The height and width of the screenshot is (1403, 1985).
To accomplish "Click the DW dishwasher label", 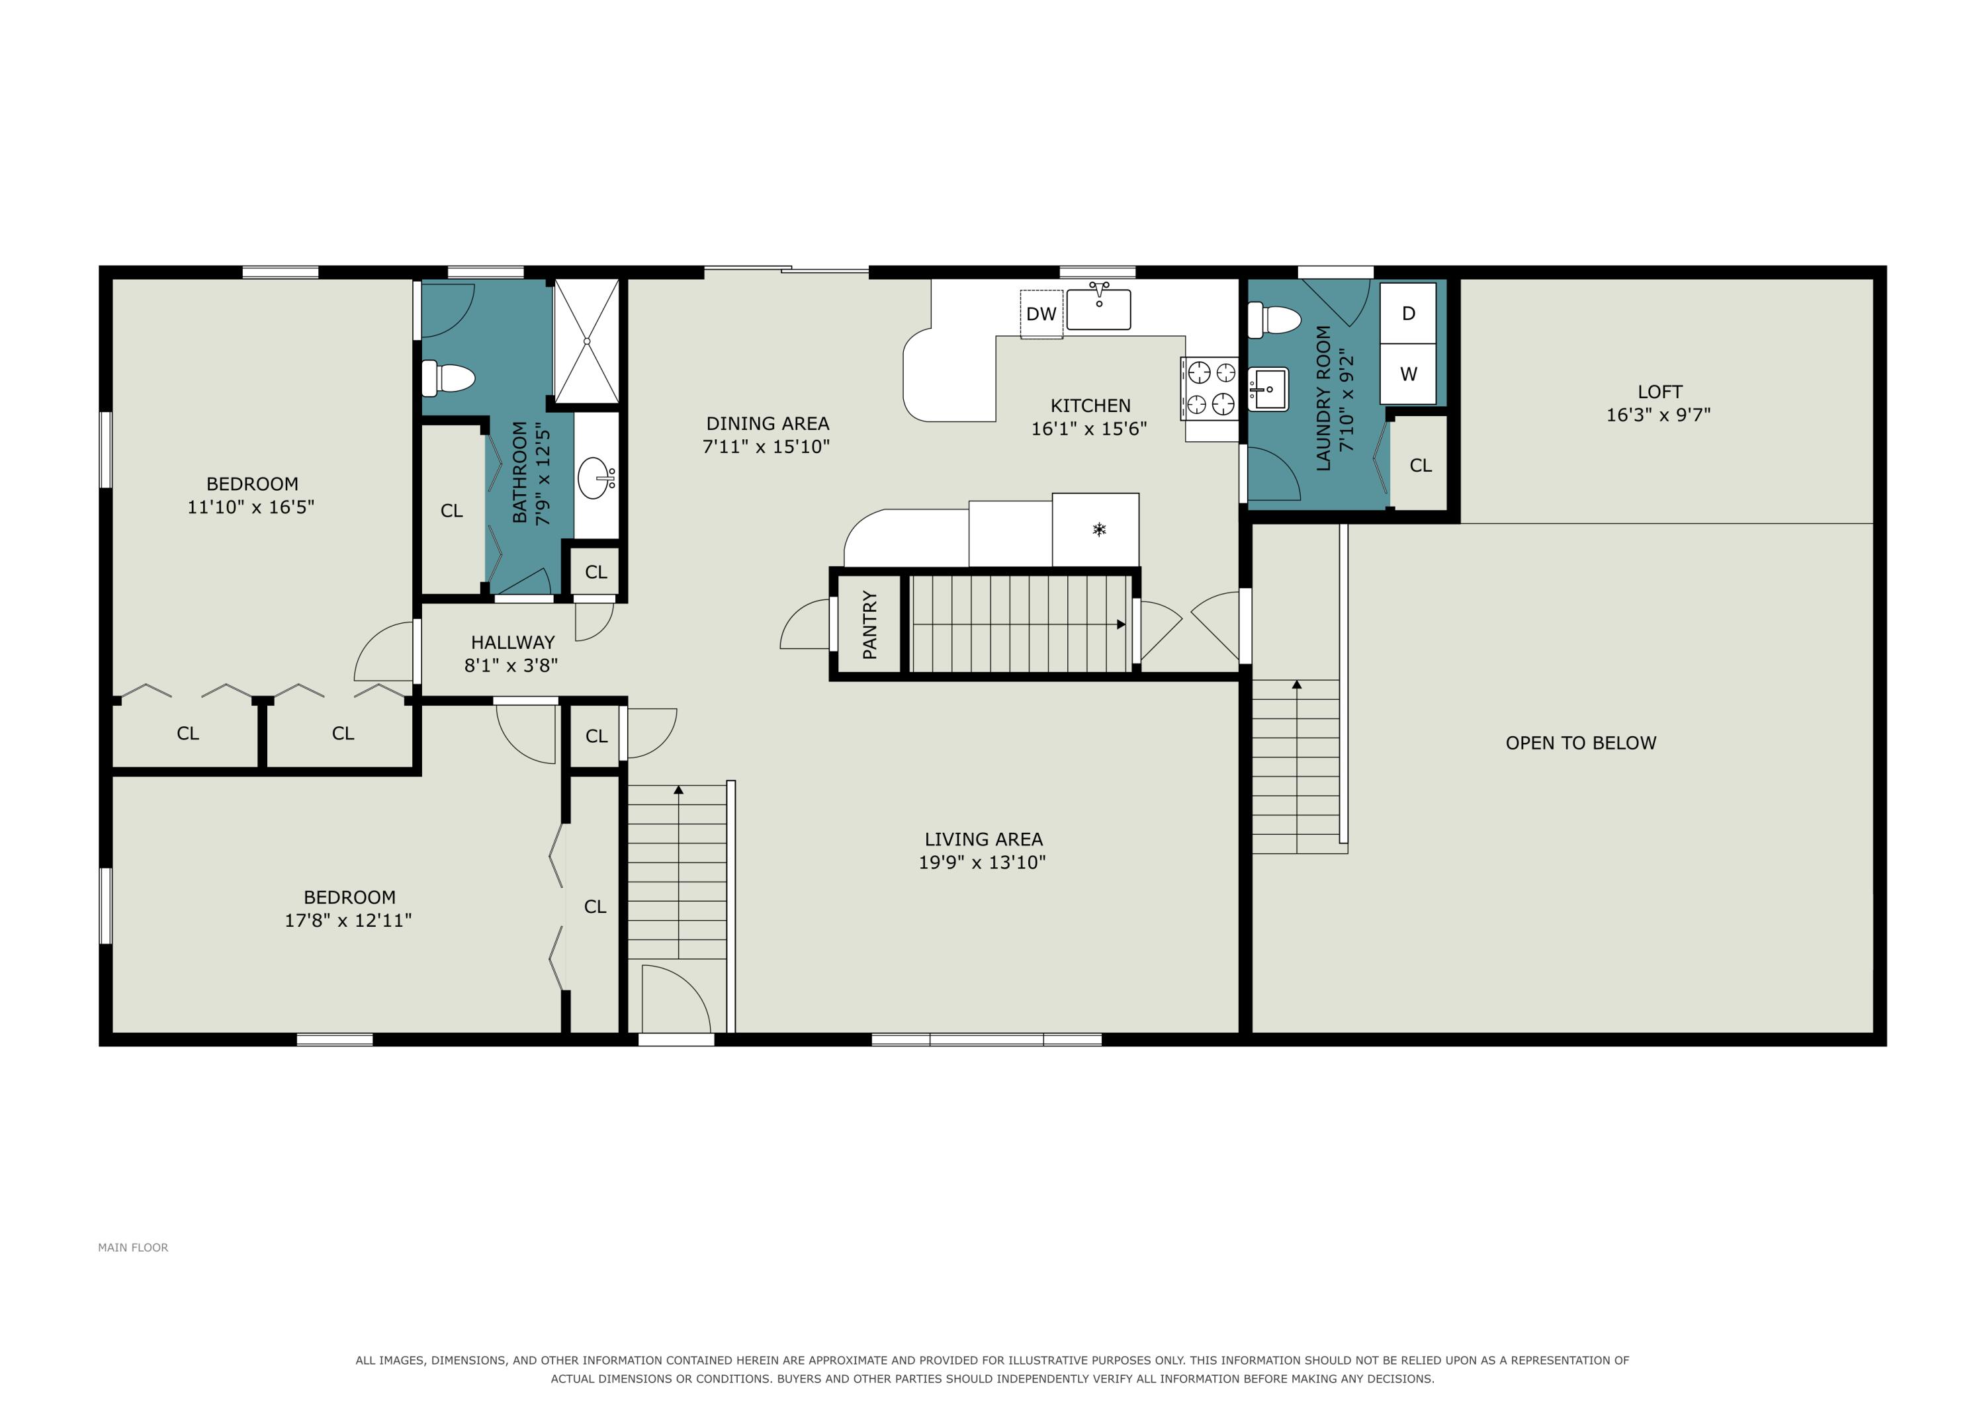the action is (x=1041, y=314).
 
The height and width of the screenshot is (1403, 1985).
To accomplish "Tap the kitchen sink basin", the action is (x=1098, y=310).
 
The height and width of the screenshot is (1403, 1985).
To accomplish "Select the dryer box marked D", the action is (x=1408, y=313).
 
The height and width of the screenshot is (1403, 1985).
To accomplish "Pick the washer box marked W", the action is (x=1408, y=374).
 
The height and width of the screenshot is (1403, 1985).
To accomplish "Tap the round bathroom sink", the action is (x=595, y=478).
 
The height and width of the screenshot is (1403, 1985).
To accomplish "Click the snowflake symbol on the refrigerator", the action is (x=1099, y=529).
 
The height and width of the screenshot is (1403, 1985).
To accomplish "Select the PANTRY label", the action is (x=869, y=624).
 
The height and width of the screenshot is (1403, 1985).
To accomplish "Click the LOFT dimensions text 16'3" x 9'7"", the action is (x=1658, y=415).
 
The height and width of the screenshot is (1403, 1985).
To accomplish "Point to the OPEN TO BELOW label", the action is (x=1581, y=743).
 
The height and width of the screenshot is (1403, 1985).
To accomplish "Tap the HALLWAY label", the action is (x=513, y=642).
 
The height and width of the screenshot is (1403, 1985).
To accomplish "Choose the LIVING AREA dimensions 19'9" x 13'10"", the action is (x=982, y=862).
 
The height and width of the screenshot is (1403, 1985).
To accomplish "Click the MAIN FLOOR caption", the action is (x=133, y=1248).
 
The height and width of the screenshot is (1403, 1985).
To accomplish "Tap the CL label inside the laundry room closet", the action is (x=1421, y=465).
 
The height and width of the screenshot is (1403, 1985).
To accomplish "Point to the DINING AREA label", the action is (x=768, y=423).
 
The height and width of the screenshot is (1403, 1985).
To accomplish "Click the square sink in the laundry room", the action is (x=1268, y=389).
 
